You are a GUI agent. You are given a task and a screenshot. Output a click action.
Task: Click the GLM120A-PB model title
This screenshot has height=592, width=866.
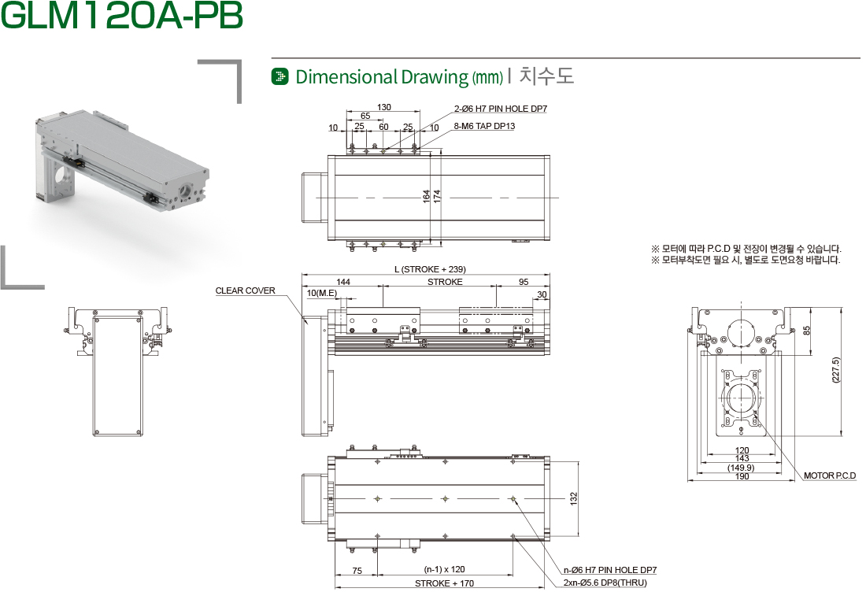point(122,16)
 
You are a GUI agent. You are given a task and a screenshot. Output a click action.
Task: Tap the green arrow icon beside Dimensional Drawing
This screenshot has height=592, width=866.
point(280,76)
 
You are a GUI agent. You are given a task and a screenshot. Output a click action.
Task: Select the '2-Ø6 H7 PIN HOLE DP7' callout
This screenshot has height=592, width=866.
point(501,109)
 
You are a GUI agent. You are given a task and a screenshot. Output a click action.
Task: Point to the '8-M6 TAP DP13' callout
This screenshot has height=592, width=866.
point(484,126)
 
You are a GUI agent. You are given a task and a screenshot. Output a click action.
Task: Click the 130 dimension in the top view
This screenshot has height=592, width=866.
point(384,107)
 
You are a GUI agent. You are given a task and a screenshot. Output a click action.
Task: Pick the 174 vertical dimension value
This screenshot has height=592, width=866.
point(437,196)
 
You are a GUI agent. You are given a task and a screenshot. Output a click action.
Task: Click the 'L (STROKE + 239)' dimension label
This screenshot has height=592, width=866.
point(430,269)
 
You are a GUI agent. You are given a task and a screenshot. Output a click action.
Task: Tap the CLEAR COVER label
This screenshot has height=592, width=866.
point(245,290)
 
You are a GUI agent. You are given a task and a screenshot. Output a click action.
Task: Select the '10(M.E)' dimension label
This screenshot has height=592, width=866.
point(322,293)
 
